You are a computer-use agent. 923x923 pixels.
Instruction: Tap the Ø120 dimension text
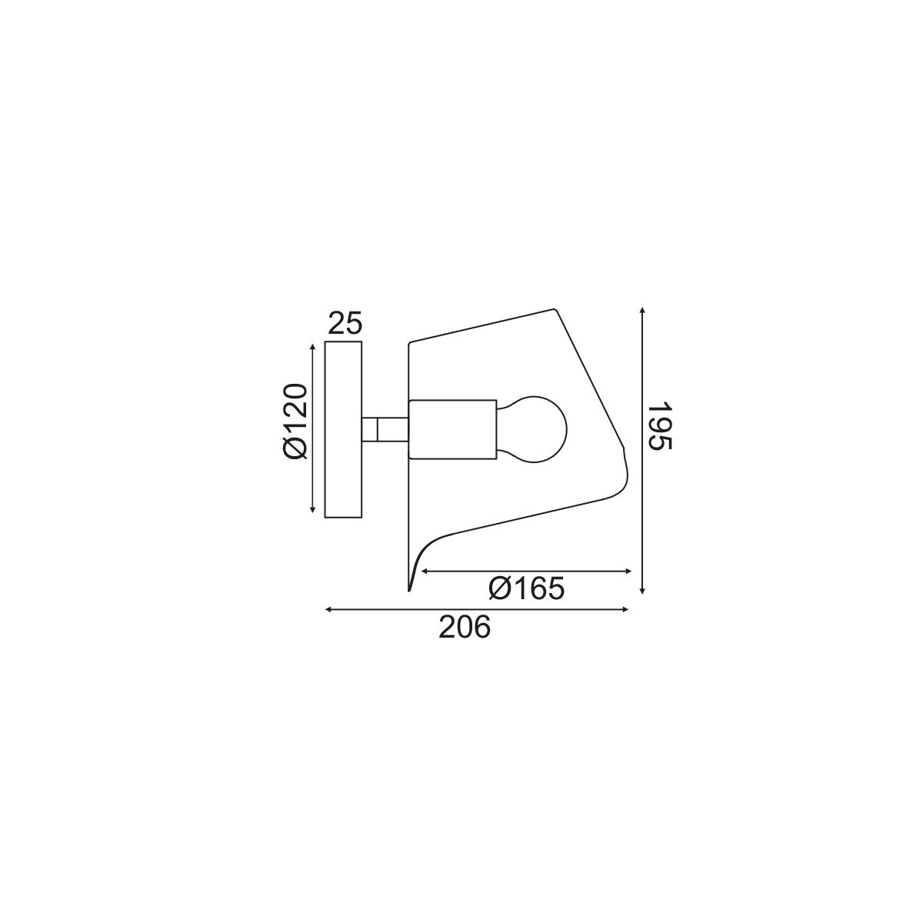coord(295,421)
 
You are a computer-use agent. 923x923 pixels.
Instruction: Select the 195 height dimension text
coord(661,427)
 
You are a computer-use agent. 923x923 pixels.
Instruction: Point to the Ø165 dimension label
coord(527,588)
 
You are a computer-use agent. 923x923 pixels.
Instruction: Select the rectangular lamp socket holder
coord(452,429)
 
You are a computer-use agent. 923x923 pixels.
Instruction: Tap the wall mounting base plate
coord(343,429)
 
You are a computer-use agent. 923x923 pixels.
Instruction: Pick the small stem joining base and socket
coord(385,429)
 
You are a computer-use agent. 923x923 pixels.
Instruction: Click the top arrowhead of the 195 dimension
coord(642,312)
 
